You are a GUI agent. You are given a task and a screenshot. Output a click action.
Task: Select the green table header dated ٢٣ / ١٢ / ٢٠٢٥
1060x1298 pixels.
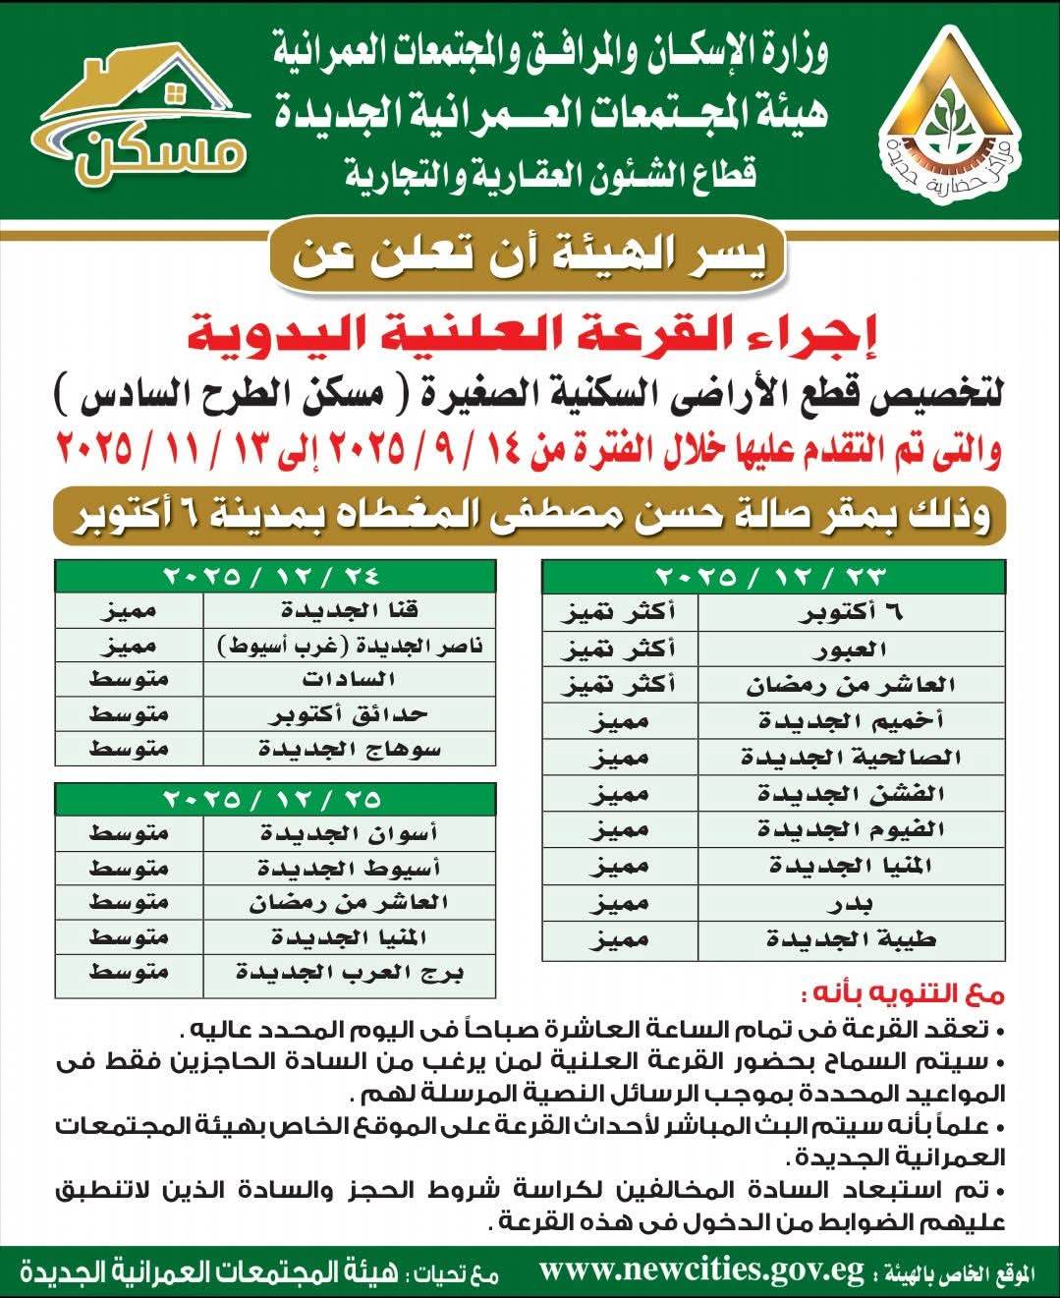point(773,574)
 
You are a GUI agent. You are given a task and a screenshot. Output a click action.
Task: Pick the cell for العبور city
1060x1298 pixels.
point(851,649)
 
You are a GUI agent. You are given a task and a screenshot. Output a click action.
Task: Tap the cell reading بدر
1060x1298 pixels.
point(851,903)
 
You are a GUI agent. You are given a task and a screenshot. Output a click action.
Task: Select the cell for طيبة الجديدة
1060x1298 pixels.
point(851,939)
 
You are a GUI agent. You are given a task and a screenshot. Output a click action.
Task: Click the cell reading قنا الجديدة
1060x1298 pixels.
point(350,610)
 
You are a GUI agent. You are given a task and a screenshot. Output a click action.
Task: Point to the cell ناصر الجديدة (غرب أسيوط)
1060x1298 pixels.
point(350,646)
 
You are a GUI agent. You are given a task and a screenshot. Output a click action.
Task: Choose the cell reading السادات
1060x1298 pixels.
point(350,680)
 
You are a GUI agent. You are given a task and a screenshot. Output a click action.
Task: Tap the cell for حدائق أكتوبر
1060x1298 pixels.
point(350,714)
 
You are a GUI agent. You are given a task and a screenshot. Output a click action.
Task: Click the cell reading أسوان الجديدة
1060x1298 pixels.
point(350,833)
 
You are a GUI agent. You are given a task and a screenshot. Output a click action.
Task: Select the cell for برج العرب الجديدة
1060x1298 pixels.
point(350,974)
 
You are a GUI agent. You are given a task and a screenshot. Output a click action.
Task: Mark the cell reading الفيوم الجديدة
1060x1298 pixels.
point(851,830)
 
